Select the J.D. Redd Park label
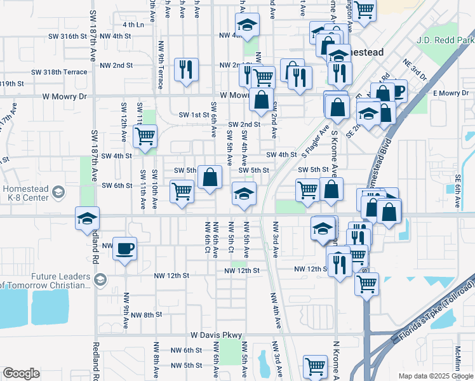point(446,40)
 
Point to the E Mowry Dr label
point(451,93)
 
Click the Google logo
point(21,373)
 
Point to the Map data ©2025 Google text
point(436,376)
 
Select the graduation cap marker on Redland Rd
point(88,218)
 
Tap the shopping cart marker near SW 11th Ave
point(145,135)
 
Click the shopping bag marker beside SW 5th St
point(210,177)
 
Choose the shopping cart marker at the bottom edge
point(314,366)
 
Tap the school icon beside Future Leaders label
point(100,279)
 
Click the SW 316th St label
point(69,36)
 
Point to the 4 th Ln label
point(134,24)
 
